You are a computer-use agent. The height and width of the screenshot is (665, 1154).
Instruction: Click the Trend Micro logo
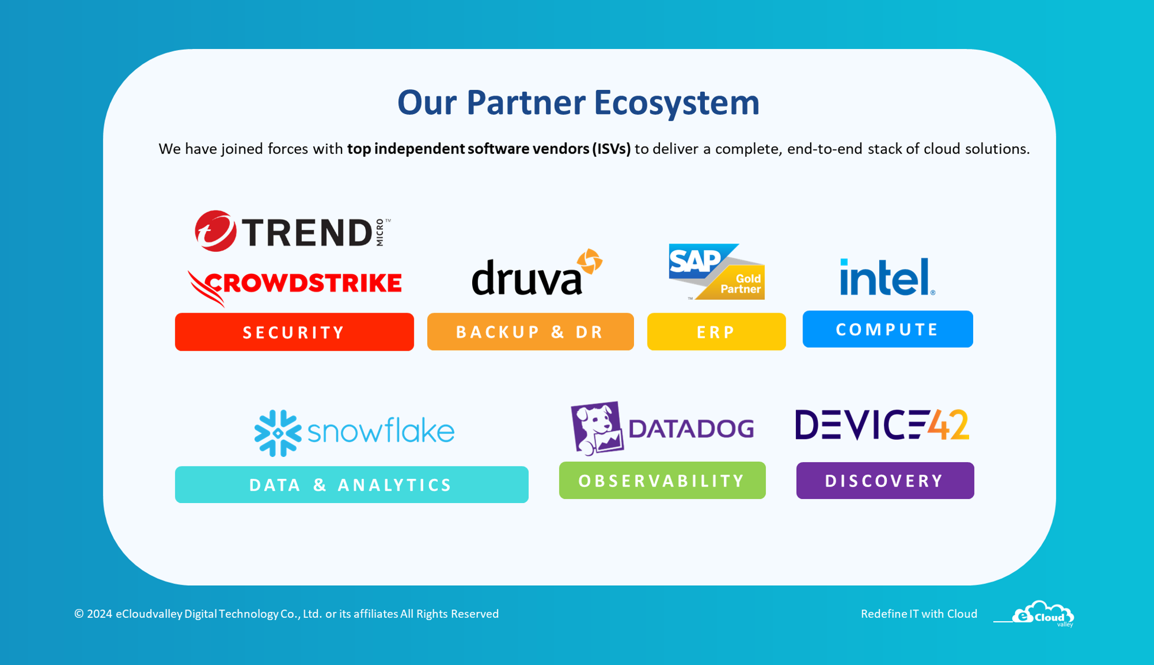tap(292, 231)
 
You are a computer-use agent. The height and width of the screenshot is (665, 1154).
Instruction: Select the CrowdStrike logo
tap(294, 285)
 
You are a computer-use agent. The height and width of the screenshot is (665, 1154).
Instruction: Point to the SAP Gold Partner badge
tap(716, 272)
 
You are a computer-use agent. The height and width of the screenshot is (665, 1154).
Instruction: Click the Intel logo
tap(887, 277)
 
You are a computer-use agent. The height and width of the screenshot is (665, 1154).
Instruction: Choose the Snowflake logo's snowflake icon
tap(277, 433)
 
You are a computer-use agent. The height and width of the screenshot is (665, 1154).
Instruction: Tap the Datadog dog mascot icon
tap(597, 428)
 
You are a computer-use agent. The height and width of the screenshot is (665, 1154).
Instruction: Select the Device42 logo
tap(882, 424)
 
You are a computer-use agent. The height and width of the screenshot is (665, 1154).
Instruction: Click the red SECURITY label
tap(294, 332)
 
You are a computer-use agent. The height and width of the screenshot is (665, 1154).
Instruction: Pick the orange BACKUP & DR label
tap(530, 332)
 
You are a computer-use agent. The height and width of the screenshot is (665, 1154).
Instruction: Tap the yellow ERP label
tap(716, 332)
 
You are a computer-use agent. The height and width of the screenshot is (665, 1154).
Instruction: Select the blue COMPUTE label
tap(888, 329)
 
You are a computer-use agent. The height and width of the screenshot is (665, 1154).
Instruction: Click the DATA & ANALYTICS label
tap(352, 485)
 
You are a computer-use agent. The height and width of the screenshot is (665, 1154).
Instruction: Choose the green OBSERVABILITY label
tap(662, 481)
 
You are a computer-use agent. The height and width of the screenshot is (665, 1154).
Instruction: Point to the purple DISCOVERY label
tap(885, 481)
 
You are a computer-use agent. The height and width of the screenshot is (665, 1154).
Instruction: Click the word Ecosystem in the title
tap(677, 103)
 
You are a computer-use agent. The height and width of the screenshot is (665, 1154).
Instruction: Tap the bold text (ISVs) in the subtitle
tap(612, 149)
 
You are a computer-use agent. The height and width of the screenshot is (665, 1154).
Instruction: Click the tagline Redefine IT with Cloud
tap(919, 614)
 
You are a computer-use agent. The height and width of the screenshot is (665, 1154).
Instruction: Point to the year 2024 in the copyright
tap(99, 614)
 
